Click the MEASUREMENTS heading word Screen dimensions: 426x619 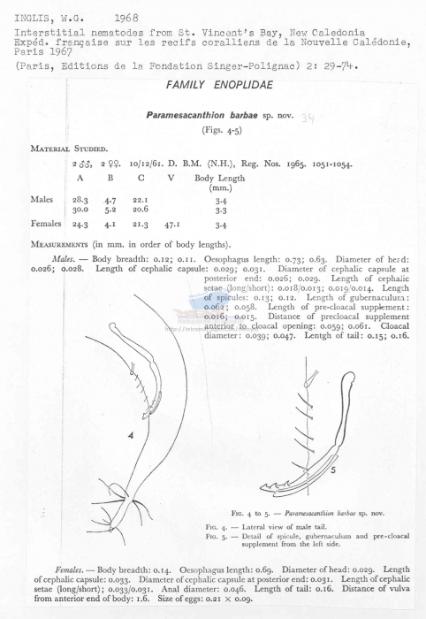62,242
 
